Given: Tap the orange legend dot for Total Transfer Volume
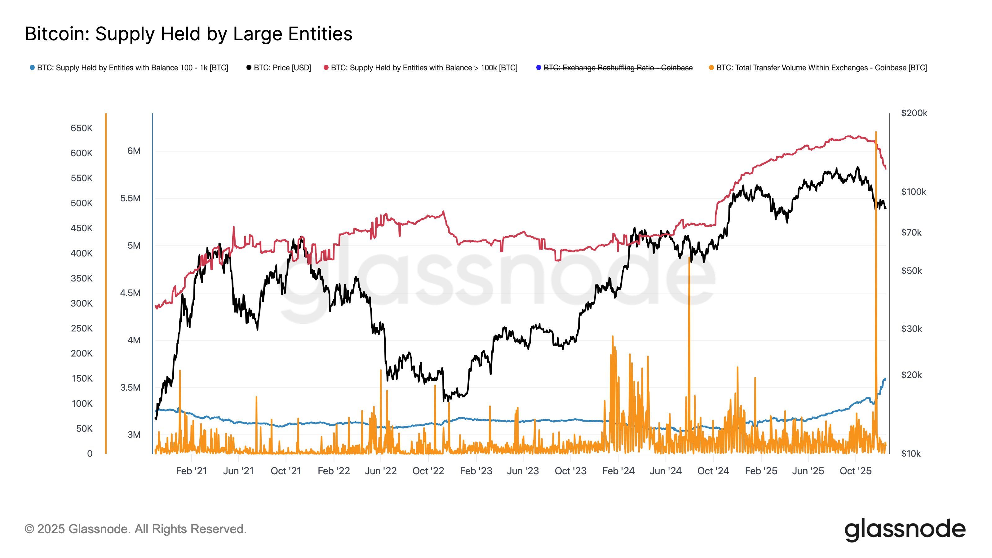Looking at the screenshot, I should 711,68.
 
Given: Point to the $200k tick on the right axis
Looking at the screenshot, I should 914,113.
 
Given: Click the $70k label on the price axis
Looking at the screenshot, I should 911,232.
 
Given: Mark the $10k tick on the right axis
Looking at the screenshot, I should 910,454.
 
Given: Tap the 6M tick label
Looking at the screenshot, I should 134,151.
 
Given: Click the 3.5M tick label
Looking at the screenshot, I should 130,387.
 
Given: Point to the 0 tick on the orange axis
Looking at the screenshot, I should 90,454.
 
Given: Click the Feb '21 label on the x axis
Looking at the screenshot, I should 191,471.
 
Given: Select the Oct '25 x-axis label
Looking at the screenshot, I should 855,471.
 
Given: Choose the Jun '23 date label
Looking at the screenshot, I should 523,471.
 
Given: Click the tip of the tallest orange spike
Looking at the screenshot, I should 876,132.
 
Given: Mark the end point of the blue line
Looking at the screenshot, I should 885,379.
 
